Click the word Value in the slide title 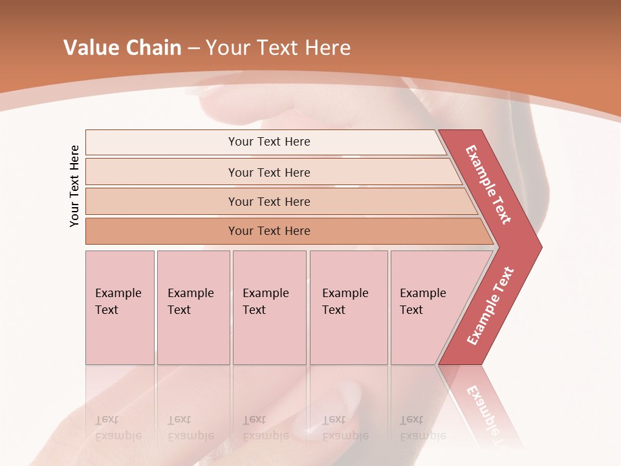[91, 48]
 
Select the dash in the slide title [193, 49]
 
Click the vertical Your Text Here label [74, 186]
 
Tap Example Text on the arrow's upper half [488, 184]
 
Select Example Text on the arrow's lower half [490, 306]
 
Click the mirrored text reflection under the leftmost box [118, 428]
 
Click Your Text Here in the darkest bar [269, 231]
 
